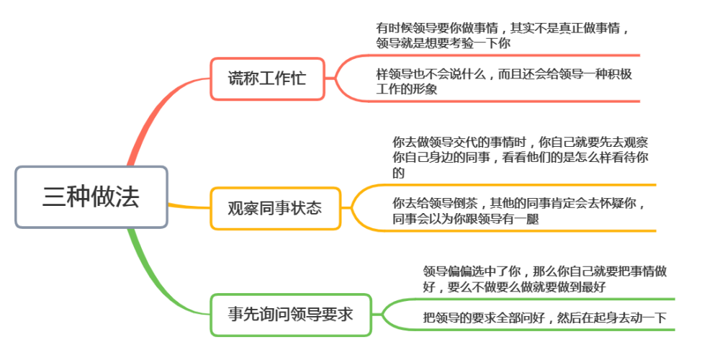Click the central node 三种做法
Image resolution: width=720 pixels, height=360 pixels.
point(91,197)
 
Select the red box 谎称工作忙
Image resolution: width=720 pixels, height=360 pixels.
point(267,78)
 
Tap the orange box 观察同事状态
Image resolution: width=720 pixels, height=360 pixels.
point(276,209)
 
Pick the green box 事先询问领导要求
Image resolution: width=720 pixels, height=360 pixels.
point(291,315)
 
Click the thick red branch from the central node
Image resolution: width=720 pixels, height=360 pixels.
point(151,110)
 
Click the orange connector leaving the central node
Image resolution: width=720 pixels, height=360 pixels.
point(189,206)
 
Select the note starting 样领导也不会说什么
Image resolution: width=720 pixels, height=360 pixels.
point(504,82)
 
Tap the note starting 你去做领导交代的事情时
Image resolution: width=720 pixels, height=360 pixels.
point(521,157)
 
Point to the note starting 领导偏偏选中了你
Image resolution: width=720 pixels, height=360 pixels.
point(544,279)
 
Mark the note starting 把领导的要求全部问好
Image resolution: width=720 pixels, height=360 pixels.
point(544,318)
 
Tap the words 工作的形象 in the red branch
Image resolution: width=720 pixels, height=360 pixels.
point(406,89)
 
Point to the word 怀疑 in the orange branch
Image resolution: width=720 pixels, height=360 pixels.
point(600,203)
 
